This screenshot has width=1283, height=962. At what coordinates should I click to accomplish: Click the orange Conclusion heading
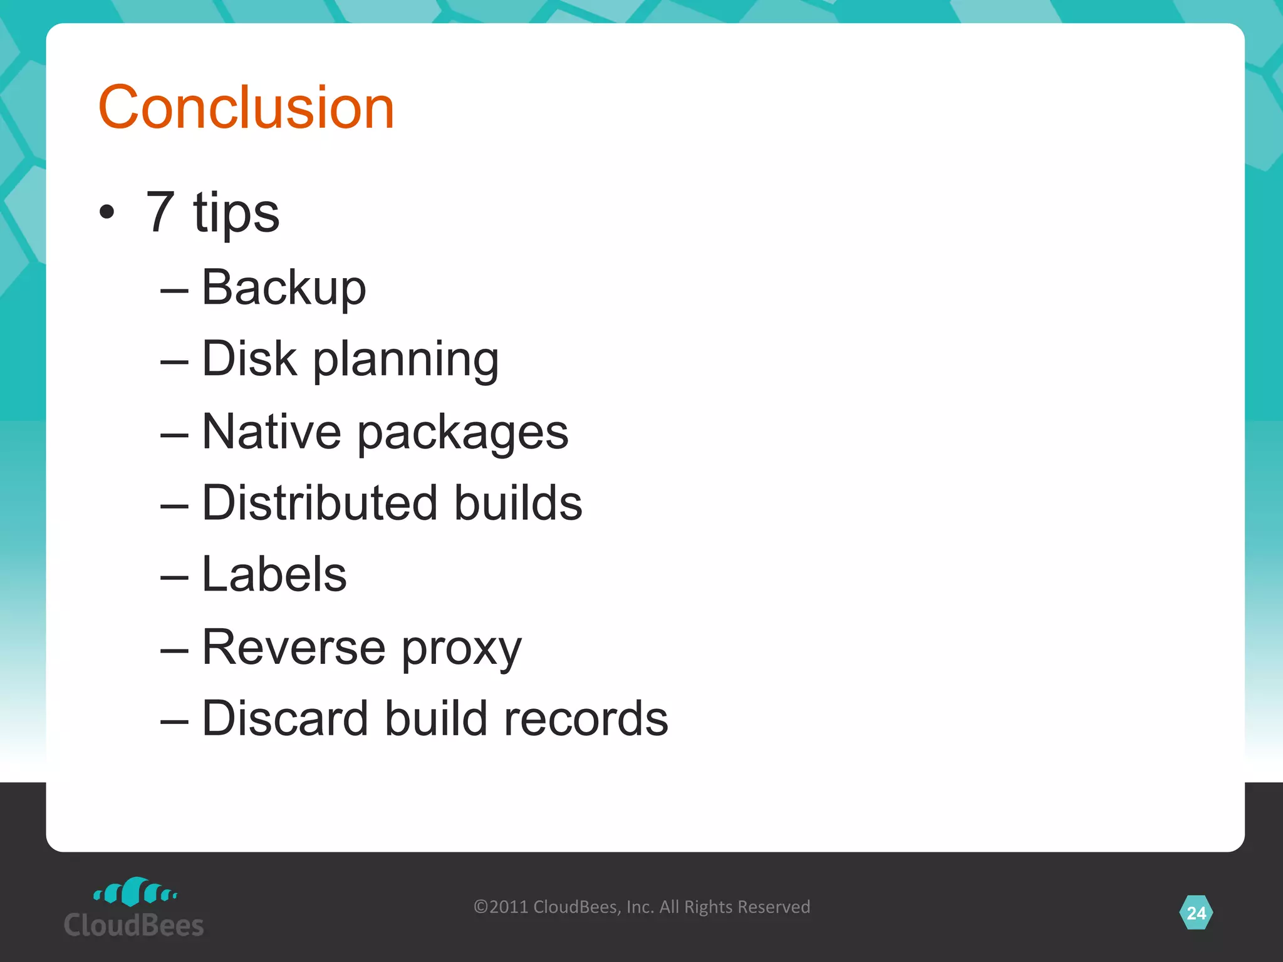246,108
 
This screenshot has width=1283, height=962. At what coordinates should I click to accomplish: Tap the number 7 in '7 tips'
160,212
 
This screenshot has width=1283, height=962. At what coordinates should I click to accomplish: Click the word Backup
284,288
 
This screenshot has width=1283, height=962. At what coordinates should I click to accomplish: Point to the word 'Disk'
249,359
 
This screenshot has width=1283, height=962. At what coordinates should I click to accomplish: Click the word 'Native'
271,432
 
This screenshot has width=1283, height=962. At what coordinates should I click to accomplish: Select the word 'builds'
518,503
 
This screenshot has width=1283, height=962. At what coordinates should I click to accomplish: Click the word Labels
274,574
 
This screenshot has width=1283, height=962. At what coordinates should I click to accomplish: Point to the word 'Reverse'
293,647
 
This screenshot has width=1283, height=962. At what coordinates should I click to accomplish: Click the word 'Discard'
285,718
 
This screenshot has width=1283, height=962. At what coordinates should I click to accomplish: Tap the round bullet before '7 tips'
107,212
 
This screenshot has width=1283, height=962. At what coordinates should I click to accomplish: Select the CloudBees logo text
134,925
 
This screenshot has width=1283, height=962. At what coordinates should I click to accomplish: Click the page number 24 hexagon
1196,913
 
